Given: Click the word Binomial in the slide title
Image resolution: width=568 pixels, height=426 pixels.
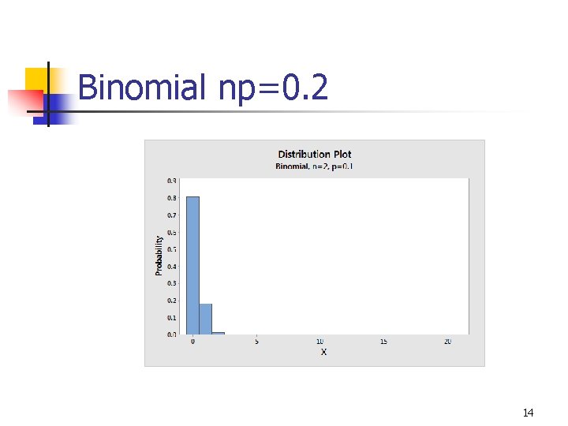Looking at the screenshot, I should [141, 88].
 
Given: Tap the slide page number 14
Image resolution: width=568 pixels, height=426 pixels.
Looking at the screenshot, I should [528, 413].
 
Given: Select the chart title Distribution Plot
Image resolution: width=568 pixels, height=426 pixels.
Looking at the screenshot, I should [315, 154].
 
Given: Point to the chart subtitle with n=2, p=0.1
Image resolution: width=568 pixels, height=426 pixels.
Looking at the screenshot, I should [314, 166].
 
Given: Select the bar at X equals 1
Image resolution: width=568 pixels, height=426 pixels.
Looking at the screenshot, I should [205, 319].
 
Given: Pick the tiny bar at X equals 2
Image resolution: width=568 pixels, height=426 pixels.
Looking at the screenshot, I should [218, 333].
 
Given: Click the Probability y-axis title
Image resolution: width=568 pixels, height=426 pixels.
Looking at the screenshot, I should [159, 255].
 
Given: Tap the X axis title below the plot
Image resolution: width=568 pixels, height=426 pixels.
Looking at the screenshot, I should [323, 352].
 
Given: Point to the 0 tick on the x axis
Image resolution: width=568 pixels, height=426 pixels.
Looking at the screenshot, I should [192, 342].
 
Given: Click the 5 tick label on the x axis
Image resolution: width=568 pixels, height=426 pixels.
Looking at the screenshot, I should [256, 342].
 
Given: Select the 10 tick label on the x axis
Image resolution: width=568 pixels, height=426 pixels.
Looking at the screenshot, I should [319, 342].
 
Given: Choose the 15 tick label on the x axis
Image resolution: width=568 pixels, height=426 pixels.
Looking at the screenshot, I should [383, 342].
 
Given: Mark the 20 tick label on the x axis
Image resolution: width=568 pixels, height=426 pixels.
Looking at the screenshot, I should [447, 342].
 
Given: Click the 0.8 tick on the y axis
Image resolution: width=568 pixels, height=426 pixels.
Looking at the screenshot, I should [172, 198].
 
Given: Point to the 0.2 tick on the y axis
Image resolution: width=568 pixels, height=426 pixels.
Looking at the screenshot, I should [172, 301].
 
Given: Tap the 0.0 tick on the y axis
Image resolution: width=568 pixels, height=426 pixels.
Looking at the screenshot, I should [172, 334].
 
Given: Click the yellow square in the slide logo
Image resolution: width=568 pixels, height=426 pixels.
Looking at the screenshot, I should [37, 80].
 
